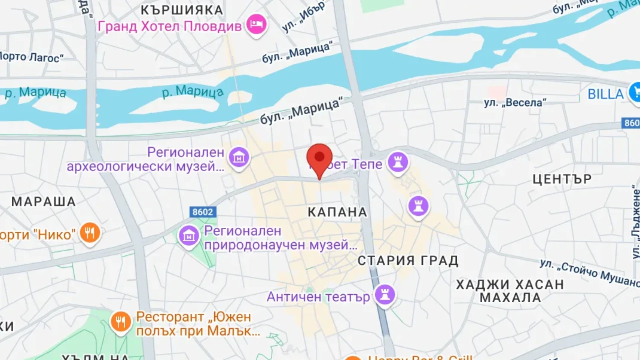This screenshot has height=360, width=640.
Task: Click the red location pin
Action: click(319, 158)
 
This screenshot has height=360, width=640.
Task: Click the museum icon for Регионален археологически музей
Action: click(239, 158)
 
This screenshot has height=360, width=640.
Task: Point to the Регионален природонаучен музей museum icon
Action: click(189, 235)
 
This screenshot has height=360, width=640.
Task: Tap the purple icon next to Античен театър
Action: click(383, 294)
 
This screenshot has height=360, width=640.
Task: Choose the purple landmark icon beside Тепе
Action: click(396, 160)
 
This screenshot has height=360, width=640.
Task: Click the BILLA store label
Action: click(605, 94)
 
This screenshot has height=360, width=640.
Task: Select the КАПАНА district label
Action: click(337, 212)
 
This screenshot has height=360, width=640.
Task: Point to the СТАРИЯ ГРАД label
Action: click(408, 261)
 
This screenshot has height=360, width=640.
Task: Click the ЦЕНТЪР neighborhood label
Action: click(562, 179)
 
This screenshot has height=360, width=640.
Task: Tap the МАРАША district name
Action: click(44, 202)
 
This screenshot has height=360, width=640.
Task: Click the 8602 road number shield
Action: click(203, 212)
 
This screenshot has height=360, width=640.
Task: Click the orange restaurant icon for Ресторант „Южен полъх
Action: click(121, 322)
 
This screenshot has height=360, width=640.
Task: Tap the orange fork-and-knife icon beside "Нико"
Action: click(90, 233)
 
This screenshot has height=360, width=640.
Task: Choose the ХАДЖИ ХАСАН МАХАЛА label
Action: click(510, 291)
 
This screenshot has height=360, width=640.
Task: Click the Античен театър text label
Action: click(318, 297)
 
